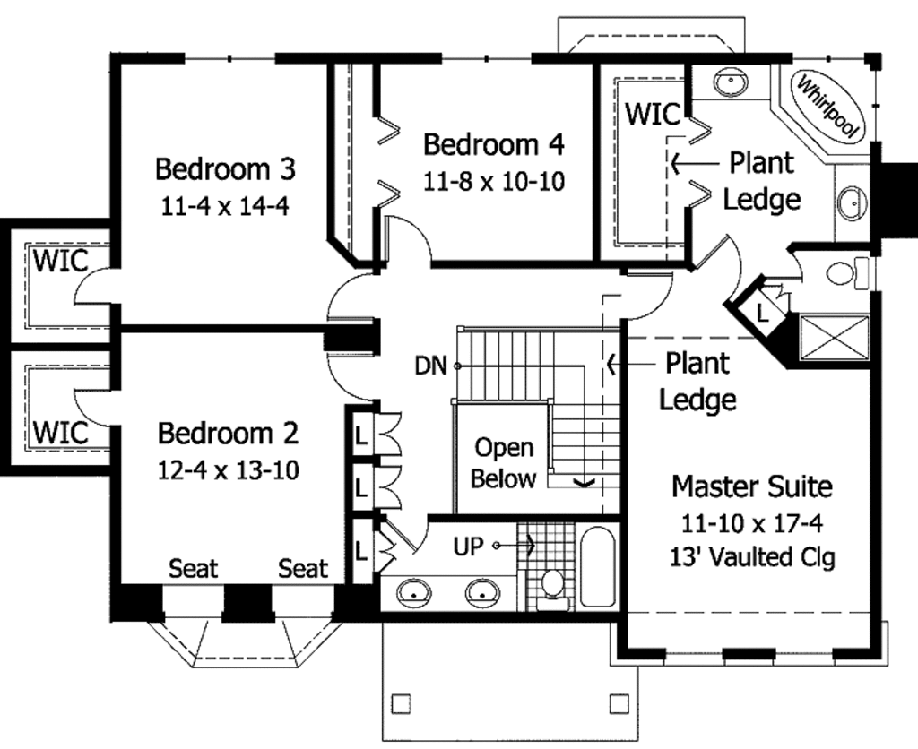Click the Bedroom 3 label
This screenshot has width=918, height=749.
coord(225,168)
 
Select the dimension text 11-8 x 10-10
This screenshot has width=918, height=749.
coord(494,182)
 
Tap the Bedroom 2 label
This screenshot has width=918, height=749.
coord(228,434)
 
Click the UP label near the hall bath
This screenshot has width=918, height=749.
coord(467,546)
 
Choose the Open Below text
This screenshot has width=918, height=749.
coord(503,463)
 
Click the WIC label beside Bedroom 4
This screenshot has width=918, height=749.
coord(653,115)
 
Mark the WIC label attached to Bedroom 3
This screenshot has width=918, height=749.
coord(61,263)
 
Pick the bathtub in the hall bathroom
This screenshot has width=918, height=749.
coord(596,566)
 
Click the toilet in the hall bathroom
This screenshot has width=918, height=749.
coord(552,585)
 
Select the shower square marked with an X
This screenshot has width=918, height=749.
coord(834,340)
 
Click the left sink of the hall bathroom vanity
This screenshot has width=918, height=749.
coord(413,591)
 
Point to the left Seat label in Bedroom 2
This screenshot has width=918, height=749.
coord(194,568)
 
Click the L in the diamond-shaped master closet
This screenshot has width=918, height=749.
coord(761,313)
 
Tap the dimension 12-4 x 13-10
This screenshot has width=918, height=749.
coord(228,469)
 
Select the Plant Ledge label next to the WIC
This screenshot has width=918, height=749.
coord(761,180)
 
